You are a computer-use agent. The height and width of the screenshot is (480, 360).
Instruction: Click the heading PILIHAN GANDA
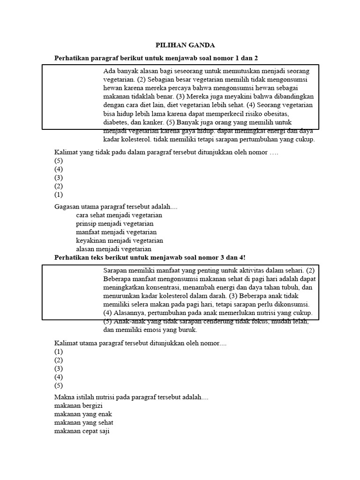click(185, 45)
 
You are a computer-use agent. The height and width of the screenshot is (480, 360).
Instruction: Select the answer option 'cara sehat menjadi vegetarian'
click(119, 215)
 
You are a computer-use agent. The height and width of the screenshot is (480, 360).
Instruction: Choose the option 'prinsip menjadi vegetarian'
click(115, 224)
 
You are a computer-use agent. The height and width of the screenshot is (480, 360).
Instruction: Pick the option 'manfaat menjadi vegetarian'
click(116, 232)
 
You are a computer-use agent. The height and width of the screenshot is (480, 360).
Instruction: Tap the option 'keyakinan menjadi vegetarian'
click(120, 240)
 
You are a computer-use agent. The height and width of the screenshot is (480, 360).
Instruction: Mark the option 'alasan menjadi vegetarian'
click(114, 249)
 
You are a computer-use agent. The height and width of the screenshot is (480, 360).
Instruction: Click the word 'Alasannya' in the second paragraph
click(126, 313)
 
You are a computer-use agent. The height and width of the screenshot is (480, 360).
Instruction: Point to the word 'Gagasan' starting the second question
click(67, 207)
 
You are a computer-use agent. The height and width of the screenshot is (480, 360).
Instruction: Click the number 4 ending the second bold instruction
click(241, 257)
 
